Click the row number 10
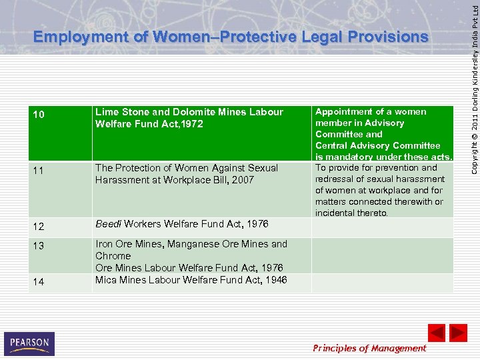[x=39, y=115]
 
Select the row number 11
[x=39, y=171]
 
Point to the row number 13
[x=39, y=246]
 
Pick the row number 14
[x=39, y=282]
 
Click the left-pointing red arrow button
[x=436, y=333]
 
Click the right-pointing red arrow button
[x=458, y=333]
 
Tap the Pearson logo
[x=29, y=343]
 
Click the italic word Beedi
[x=109, y=225]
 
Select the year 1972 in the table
[x=191, y=124]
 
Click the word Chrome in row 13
[x=113, y=256]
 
